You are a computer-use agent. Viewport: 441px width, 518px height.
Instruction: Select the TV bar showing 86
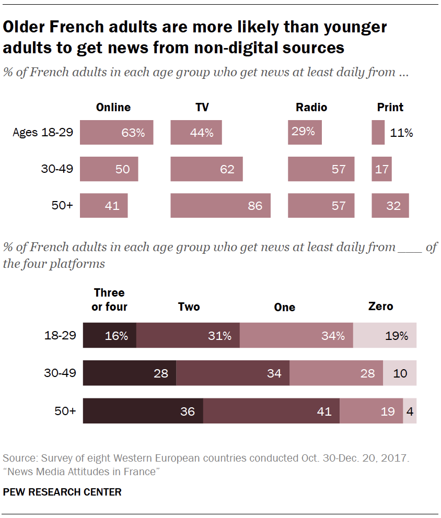tap(220, 205)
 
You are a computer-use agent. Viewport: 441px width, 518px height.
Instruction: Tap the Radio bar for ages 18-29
tap(305, 133)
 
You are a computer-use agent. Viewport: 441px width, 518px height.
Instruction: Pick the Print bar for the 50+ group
tap(390, 205)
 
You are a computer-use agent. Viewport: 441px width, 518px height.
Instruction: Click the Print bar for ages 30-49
tap(381, 169)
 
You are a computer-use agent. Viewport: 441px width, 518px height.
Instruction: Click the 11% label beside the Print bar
tap(401, 133)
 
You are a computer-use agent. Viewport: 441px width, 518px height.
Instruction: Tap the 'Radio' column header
tap(311, 108)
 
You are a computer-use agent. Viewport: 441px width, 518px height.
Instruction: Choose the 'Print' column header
tap(390, 108)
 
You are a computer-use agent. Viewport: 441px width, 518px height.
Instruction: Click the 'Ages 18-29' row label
tap(43, 133)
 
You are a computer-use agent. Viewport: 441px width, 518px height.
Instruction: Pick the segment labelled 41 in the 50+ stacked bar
tap(271, 411)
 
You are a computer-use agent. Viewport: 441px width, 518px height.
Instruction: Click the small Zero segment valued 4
tap(410, 411)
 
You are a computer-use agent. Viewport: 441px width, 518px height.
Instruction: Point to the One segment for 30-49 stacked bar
tap(336, 373)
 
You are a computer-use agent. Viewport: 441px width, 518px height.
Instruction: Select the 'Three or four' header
tap(109, 300)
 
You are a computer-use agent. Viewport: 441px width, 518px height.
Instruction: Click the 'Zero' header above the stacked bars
tap(380, 307)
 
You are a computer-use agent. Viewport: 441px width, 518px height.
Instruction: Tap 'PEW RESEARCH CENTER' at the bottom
tap(62, 492)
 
